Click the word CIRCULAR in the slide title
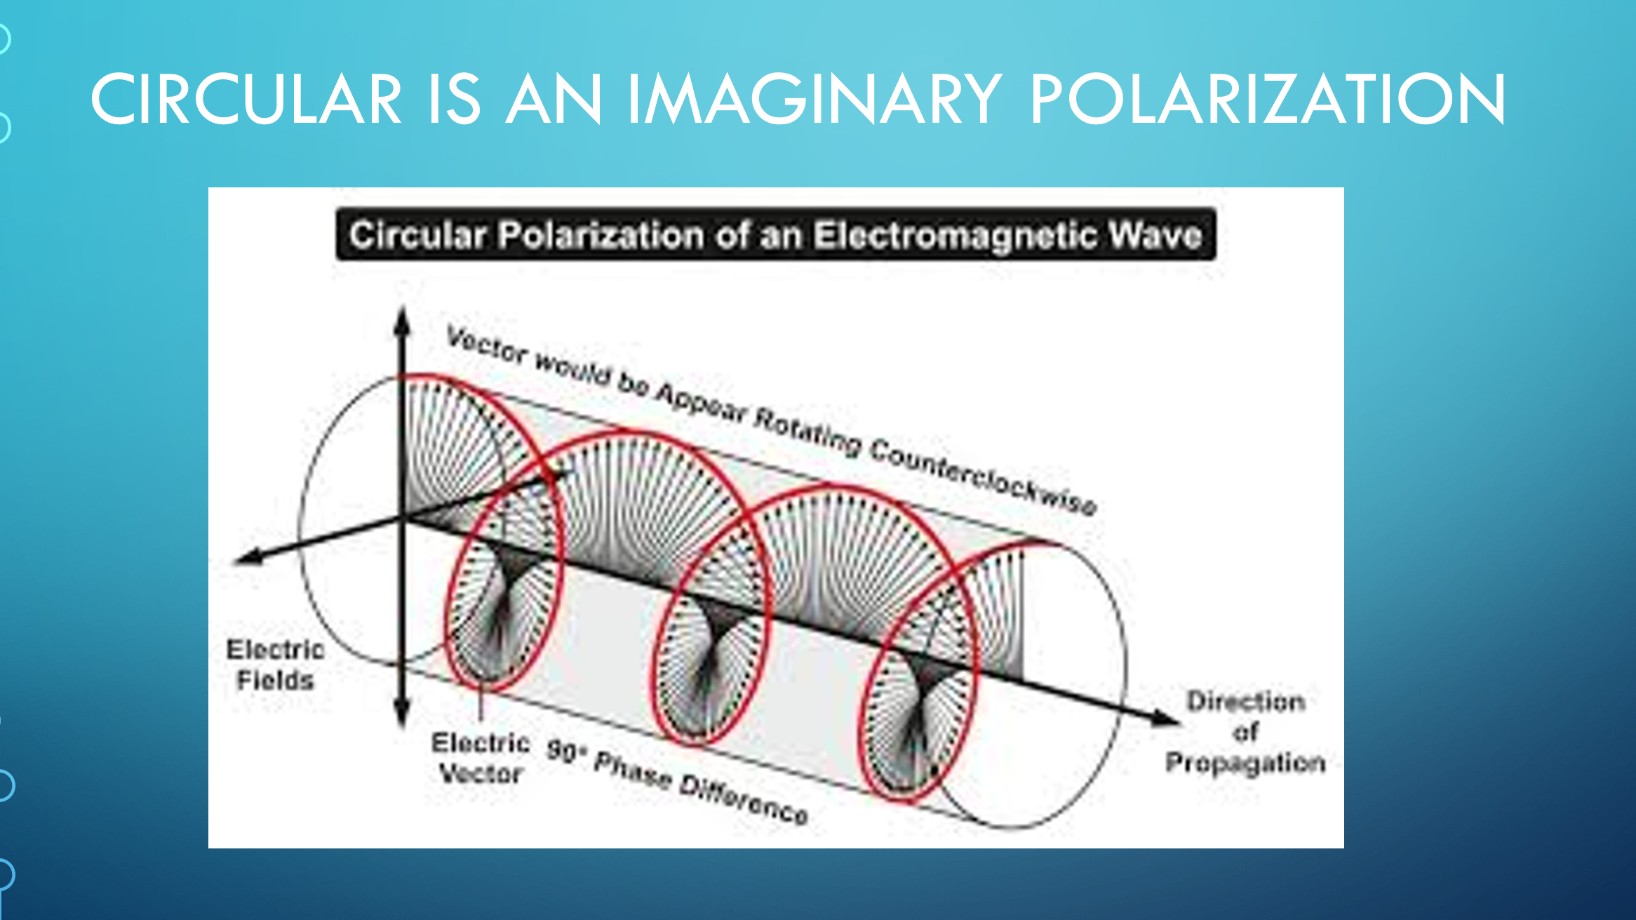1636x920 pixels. (246, 99)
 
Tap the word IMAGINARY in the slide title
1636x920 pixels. (814, 99)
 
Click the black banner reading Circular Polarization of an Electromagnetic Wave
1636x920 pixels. (776, 234)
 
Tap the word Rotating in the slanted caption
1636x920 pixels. (807, 430)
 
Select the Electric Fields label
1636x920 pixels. (275, 665)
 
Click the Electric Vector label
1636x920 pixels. (481, 758)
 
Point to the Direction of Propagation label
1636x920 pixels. (1245, 732)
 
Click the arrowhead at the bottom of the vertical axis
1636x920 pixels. (402, 714)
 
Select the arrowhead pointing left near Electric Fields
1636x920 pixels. (249, 557)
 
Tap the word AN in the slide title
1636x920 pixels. (554, 99)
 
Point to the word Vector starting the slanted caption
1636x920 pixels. (487, 347)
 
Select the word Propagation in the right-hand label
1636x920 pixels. (1245, 763)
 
